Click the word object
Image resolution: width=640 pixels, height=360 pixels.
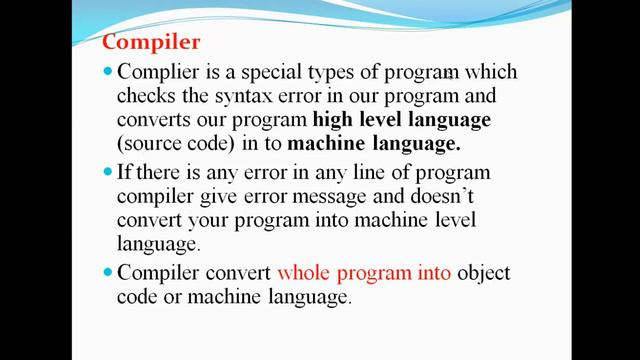pyautogui.click(x=485, y=273)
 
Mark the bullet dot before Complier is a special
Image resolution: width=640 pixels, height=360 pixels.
pyautogui.click(x=108, y=73)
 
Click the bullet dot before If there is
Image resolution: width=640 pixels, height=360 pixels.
pyautogui.click(x=108, y=174)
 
